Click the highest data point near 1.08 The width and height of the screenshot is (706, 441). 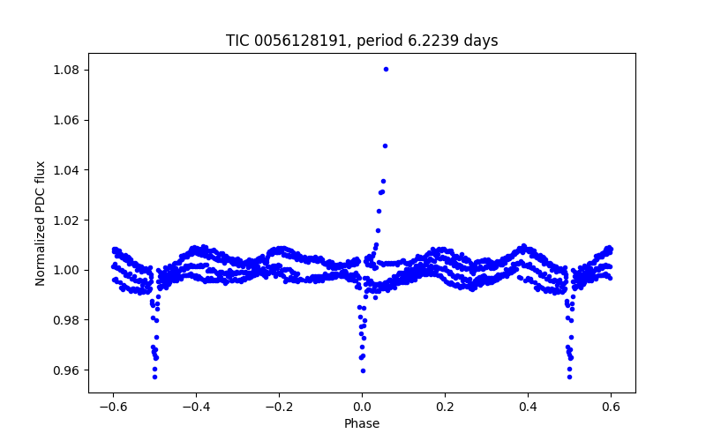click(386, 69)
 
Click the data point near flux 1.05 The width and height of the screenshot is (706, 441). click(385, 146)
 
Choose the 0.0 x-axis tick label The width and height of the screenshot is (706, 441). click(362, 407)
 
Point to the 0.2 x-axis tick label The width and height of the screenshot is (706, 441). click(445, 407)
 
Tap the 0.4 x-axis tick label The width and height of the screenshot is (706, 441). click(528, 407)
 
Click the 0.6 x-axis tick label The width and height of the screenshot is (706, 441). click(611, 407)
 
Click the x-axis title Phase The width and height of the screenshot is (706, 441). click(362, 423)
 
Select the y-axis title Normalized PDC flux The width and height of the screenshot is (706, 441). click(41, 223)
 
